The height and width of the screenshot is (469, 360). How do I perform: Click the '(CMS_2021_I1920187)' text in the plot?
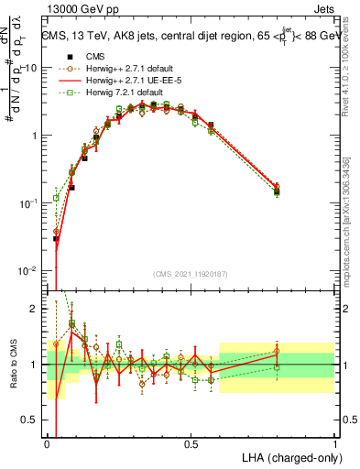pos(191,275)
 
